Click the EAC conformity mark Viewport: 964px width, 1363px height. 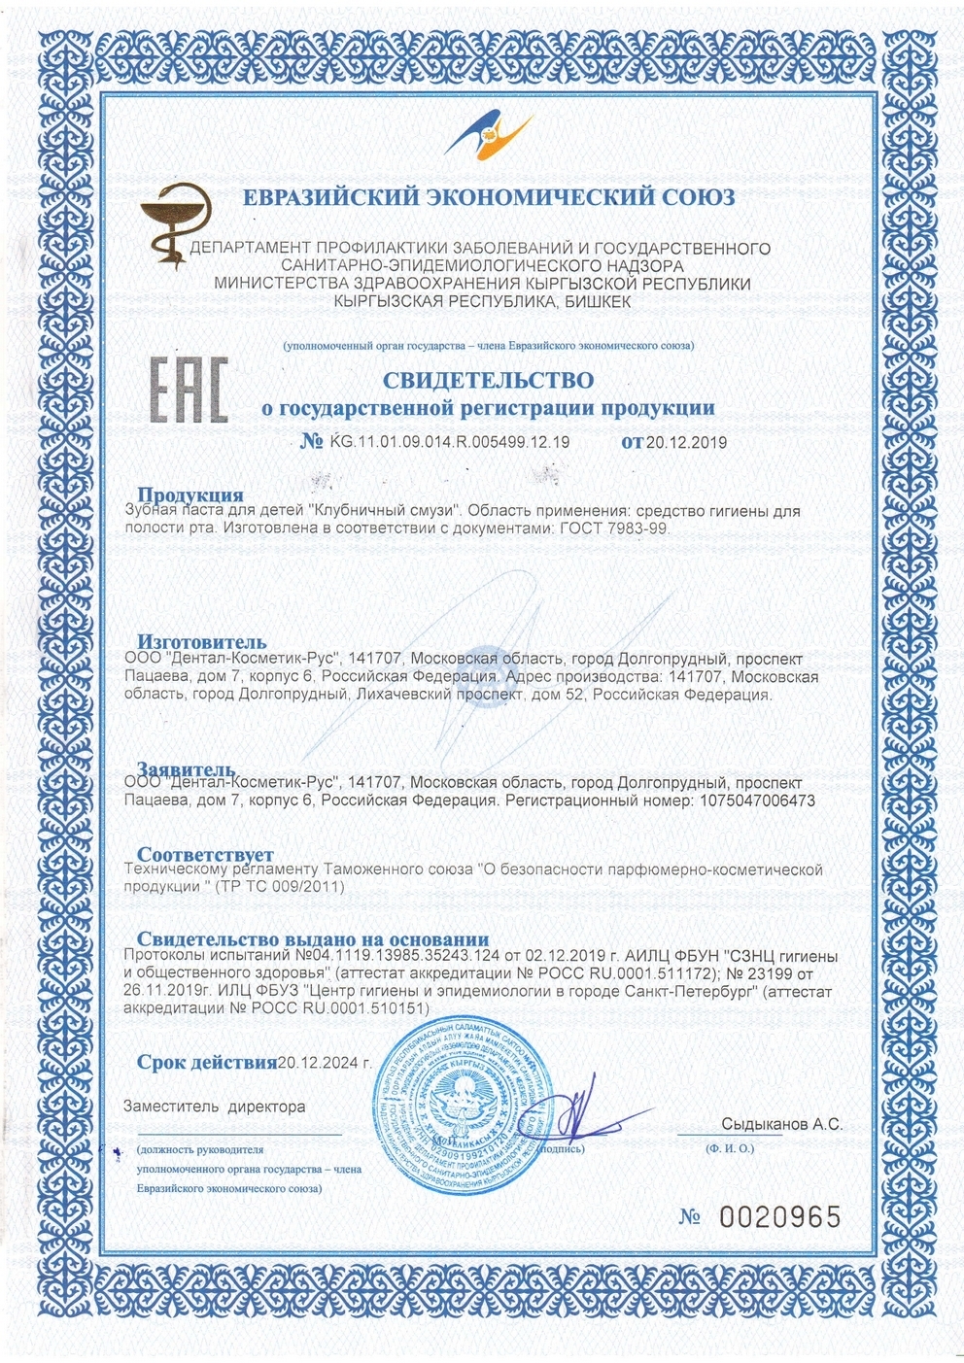[189, 390]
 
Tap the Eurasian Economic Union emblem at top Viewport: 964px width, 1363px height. [489, 136]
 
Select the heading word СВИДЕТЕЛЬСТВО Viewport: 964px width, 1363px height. [488, 379]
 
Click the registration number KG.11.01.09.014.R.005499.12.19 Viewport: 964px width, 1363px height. [450, 442]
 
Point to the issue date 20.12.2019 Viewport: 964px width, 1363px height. [686, 443]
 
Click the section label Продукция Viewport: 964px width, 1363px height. [189, 495]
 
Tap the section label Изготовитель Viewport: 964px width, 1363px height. [201, 642]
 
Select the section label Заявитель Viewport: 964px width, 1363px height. [186, 769]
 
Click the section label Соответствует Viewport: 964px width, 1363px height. [205, 855]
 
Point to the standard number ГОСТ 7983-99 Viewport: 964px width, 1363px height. [614, 528]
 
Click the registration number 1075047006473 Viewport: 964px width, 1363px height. [754, 801]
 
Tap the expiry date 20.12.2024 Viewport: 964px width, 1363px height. [324, 1062]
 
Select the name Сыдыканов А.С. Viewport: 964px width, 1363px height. [781, 1124]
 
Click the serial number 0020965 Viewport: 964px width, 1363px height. [778, 1216]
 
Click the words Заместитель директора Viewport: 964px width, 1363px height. [214, 1107]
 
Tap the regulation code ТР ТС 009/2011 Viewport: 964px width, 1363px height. [283, 887]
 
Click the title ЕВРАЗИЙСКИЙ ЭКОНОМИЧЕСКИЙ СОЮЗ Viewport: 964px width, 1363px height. [488, 197]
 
